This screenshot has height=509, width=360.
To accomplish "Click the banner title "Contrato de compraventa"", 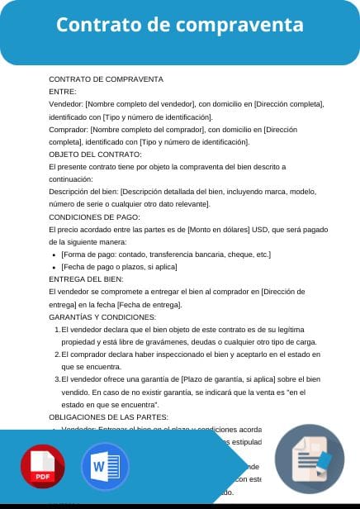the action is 179,26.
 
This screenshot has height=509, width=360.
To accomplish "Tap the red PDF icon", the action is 42,467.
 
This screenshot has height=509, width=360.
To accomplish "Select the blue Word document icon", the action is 105,467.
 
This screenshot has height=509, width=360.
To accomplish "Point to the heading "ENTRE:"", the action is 63,92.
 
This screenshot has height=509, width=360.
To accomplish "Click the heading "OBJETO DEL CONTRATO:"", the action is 96,155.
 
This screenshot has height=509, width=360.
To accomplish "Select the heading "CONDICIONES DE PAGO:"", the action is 95,216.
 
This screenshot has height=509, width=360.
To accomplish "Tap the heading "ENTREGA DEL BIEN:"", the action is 87,279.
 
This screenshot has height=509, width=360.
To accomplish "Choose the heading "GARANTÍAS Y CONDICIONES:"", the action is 102,317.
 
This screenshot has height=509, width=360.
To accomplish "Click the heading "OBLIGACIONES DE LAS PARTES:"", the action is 109,417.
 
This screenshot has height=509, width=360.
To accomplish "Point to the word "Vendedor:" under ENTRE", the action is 66,104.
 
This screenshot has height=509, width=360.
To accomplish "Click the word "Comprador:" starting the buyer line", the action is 69,129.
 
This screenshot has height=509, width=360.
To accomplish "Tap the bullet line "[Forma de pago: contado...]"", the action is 166,254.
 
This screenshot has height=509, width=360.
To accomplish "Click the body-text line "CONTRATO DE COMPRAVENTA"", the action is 107,79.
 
